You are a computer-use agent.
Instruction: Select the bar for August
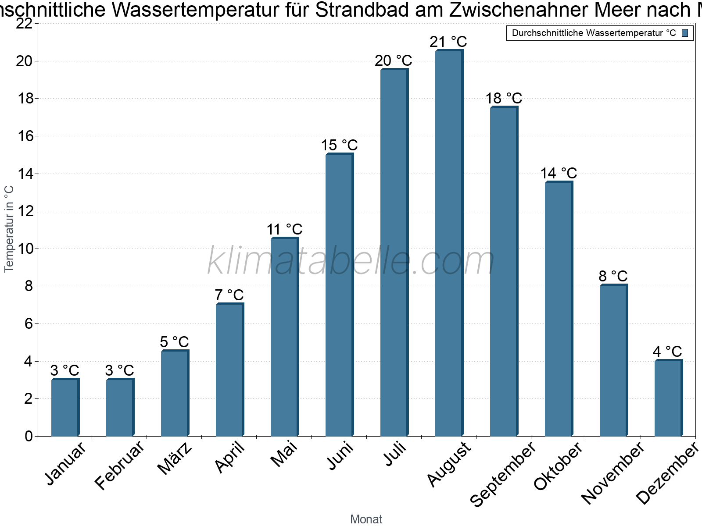pyautogui.click(x=449, y=243)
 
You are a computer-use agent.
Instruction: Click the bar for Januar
pyautogui.click(x=65, y=408)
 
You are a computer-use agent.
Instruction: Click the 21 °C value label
pyautogui.click(x=448, y=42)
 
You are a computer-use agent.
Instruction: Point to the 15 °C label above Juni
pyautogui.click(x=339, y=145)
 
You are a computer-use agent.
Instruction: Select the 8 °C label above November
pyautogui.click(x=613, y=276)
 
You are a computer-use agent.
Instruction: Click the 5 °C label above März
pyautogui.click(x=174, y=342)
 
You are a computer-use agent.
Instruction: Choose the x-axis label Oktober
pyautogui.click(x=558, y=466)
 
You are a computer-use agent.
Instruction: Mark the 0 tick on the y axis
pyautogui.click(x=29, y=436)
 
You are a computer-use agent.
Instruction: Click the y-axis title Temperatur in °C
pyautogui.click(x=9, y=229)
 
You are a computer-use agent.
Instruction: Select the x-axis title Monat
pyautogui.click(x=366, y=519)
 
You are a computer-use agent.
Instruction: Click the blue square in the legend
pyautogui.click(x=685, y=33)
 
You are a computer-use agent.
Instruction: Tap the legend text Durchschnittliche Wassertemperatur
pyautogui.click(x=593, y=33)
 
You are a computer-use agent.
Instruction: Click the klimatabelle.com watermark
pyautogui.click(x=351, y=261)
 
